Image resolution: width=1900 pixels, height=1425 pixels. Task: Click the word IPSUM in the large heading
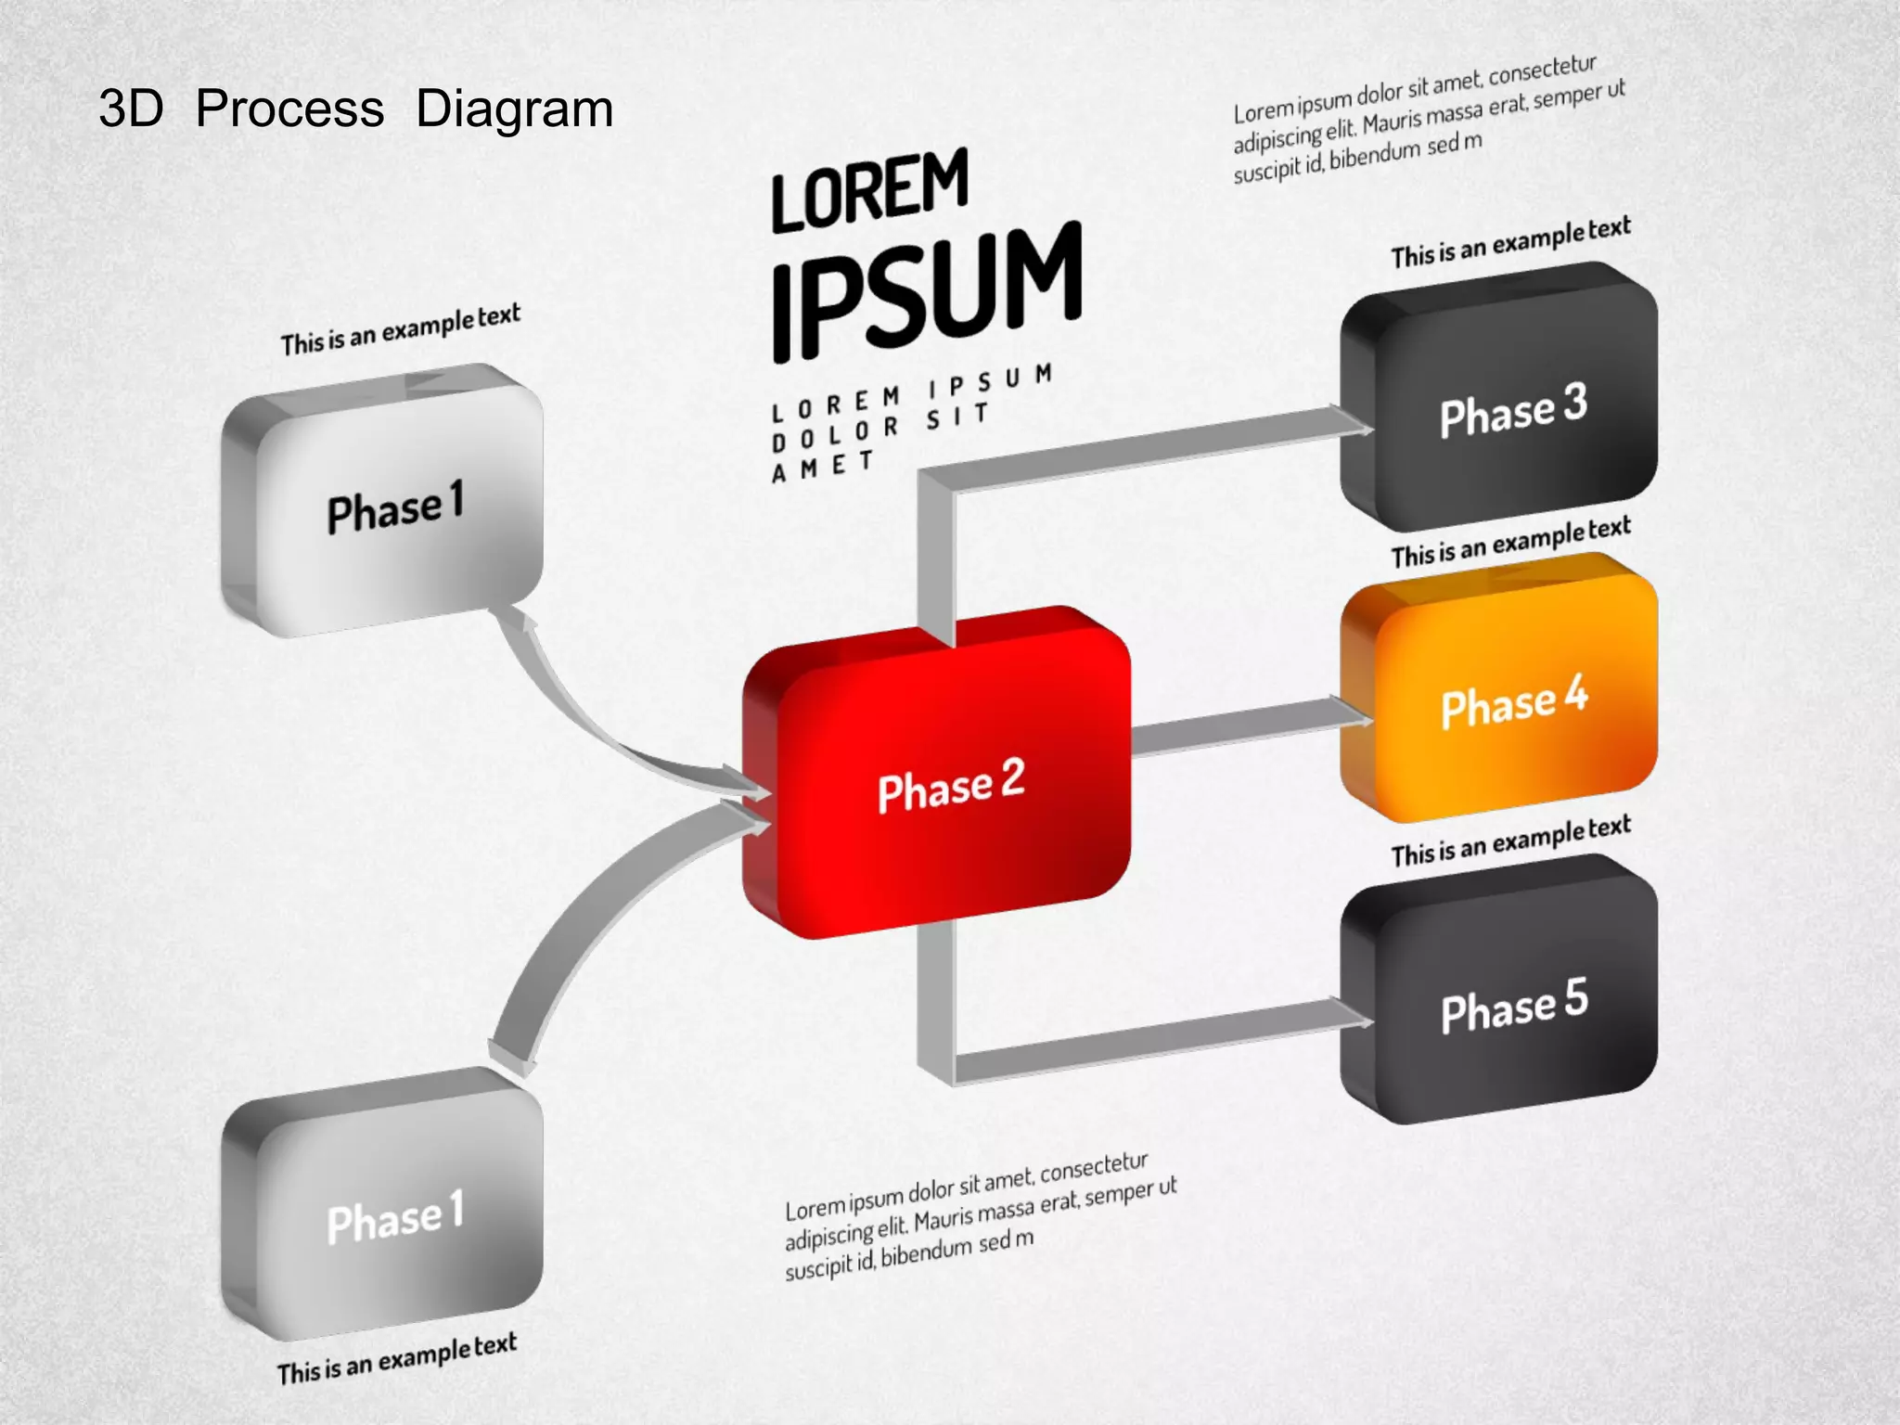point(927,288)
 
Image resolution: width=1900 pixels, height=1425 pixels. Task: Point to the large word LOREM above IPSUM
point(870,190)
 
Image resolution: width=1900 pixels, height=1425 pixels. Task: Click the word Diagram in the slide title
point(514,109)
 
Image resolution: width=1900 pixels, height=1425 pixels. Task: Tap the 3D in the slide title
point(131,109)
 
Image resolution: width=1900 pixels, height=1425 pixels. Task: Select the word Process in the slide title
point(289,109)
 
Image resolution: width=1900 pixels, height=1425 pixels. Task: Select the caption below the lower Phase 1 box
point(396,1358)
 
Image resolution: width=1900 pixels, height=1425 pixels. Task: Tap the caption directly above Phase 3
point(1510,243)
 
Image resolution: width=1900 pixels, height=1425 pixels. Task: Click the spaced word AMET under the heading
point(823,466)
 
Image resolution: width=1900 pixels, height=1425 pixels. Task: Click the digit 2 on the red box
point(1012,777)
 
